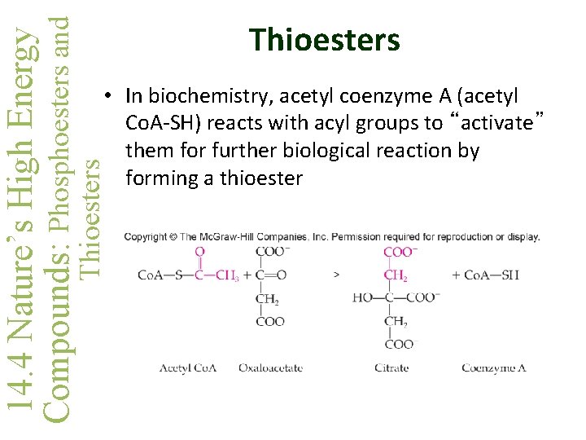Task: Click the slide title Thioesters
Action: [x=325, y=39]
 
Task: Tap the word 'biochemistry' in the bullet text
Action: [x=195, y=96]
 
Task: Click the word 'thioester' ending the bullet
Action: [x=256, y=178]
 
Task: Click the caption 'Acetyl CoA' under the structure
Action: [x=188, y=368]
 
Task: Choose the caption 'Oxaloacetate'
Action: [x=270, y=368]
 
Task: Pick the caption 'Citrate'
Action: [x=391, y=368]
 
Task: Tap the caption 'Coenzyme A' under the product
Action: [x=493, y=368]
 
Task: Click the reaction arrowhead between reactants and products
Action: [x=337, y=275]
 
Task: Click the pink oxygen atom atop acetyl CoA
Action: [x=200, y=253]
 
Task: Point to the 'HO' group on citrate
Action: [x=362, y=298]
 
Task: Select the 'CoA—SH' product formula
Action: [x=492, y=275]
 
